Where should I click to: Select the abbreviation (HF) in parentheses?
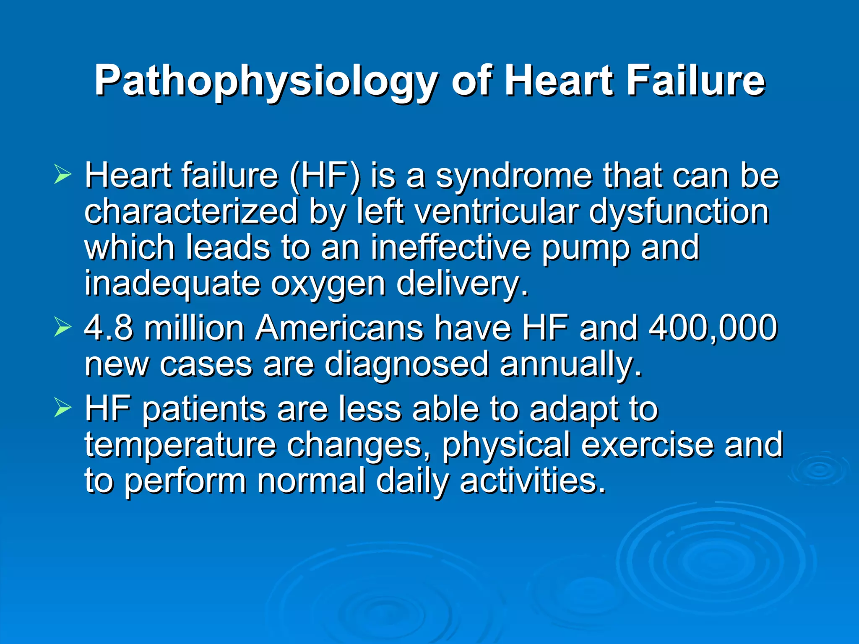click(324, 176)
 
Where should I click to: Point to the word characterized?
click(191, 212)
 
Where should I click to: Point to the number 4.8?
click(109, 328)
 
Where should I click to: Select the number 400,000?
click(713, 328)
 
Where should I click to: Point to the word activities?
click(533, 480)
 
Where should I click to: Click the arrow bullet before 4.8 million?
click(62, 328)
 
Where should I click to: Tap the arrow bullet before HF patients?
click(62, 409)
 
